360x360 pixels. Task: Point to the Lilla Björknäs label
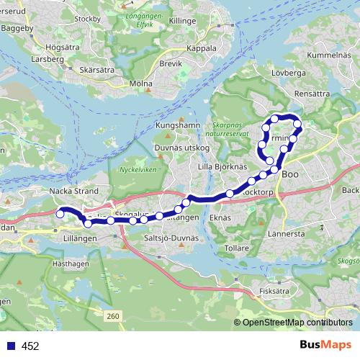[x=222, y=166]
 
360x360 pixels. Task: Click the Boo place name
[x=289, y=174]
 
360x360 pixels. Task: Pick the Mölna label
[x=141, y=84]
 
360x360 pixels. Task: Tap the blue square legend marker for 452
[x=9, y=346]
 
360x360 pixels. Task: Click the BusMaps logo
[x=325, y=346]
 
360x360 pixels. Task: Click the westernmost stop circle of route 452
[x=60, y=214]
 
